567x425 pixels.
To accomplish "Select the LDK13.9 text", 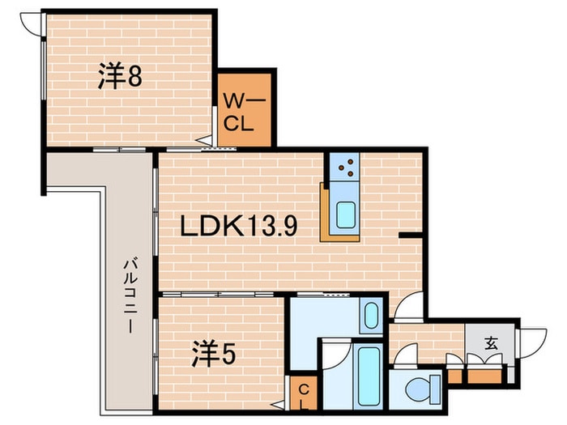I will (x=238, y=227).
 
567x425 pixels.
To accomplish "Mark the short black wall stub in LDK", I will (x=410, y=235).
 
